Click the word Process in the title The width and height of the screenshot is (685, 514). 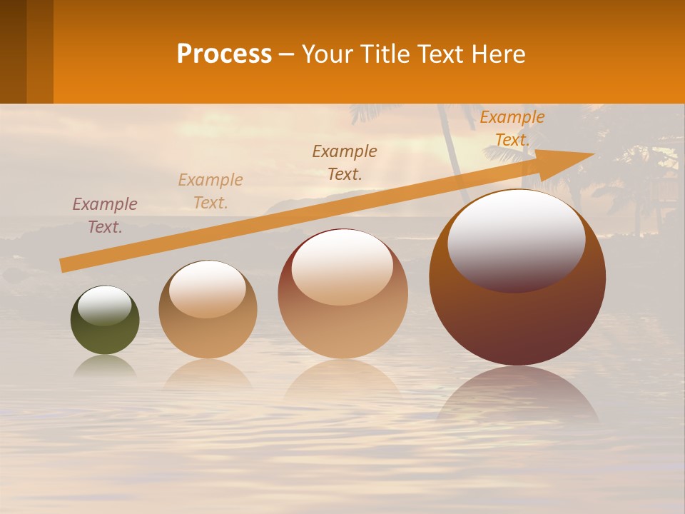[224, 54]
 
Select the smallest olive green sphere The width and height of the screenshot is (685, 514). [105, 321]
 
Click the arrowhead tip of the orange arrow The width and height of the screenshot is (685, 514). [592, 154]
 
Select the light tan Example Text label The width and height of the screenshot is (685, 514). [210, 191]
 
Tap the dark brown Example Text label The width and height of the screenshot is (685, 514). [345, 162]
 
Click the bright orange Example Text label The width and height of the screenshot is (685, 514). [512, 128]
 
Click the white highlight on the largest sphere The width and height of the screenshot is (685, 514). [516, 239]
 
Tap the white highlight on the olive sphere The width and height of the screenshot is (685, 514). [104, 306]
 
